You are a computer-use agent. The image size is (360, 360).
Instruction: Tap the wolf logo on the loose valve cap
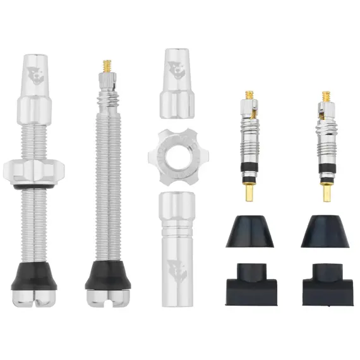point(177,69)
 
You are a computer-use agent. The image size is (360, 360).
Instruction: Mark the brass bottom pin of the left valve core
point(249,191)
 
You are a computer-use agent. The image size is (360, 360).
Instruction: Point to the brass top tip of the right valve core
point(327,96)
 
